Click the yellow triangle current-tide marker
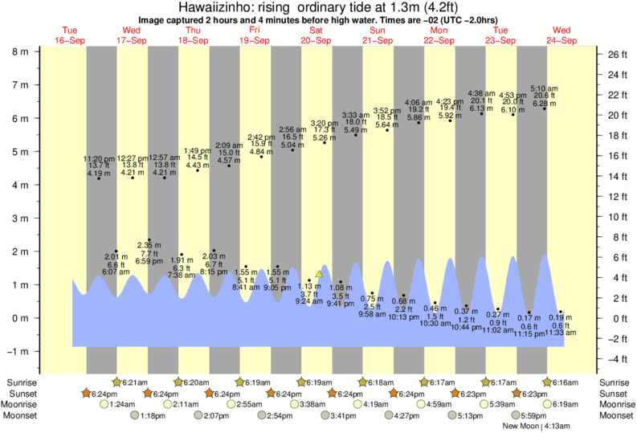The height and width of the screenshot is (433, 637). click(319, 274)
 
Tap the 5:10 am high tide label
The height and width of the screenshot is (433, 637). click(545, 88)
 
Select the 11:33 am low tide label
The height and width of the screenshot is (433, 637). click(561, 332)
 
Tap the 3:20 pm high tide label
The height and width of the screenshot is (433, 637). click(325, 123)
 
